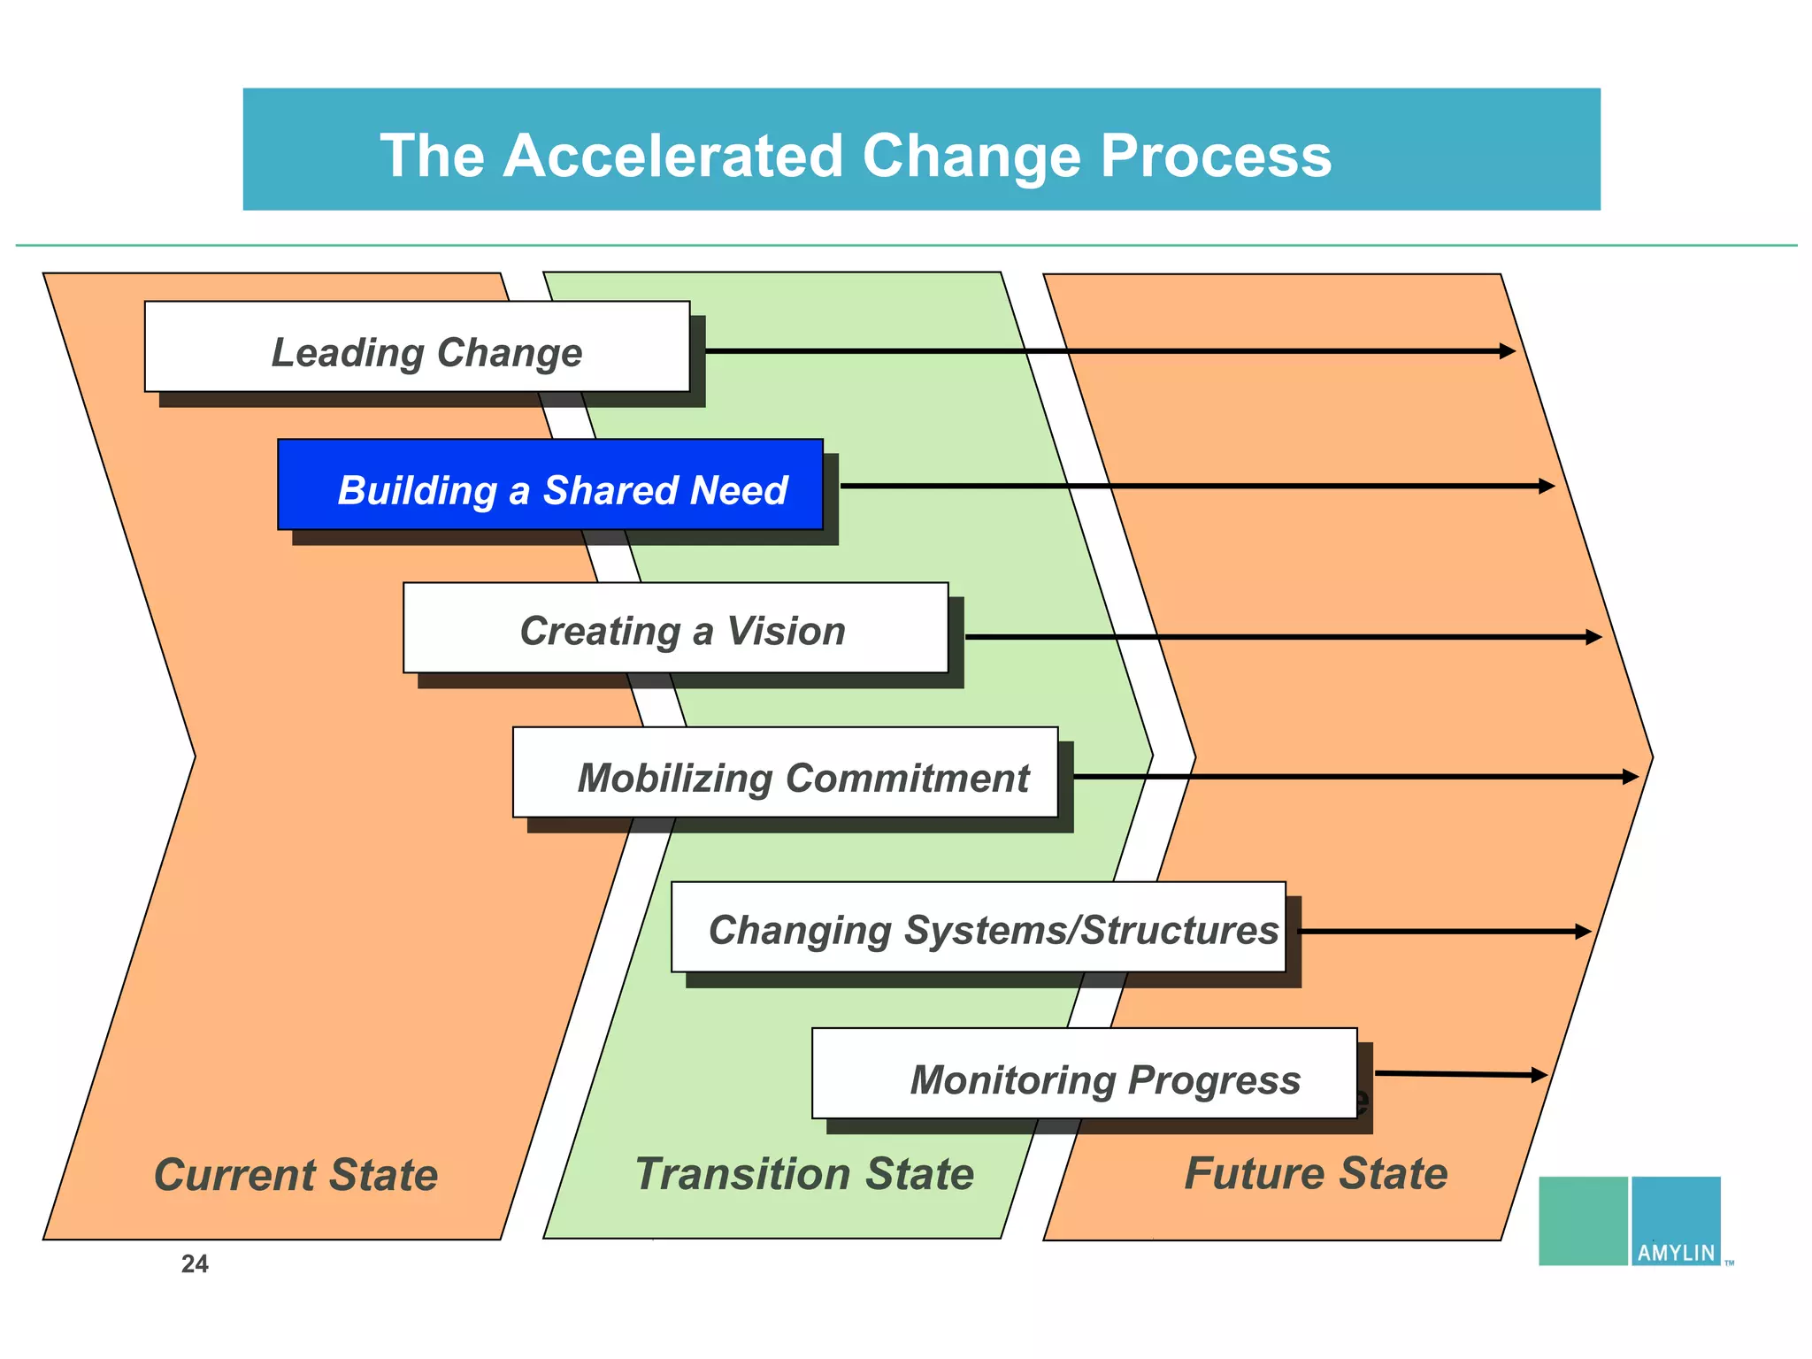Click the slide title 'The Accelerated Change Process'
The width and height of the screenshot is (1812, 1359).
pyautogui.click(x=855, y=156)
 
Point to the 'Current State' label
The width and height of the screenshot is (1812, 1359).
pyautogui.click(x=296, y=1175)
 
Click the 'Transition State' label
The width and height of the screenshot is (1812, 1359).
pyautogui.click(x=804, y=1174)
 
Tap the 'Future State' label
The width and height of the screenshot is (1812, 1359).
pyautogui.click(x=1316, y=1174)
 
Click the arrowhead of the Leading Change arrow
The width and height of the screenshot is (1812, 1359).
pyautogui.click(x=1508, y=351)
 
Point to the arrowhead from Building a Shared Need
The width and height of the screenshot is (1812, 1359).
pyautogui.click(x=1547, y=486)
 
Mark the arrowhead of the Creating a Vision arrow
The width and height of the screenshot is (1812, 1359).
pyautogui.click(x=1594, y=637)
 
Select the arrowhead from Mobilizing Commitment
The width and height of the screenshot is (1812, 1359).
pyautogui.click(x=1631, y=777)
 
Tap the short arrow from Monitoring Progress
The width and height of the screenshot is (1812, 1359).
pyautogui.click(x=1461, y=1074)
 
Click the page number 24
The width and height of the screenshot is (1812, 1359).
pyautogui.click(x=195, y=1264)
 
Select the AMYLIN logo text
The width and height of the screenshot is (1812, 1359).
pyautogui.click(x=1676, y=1253)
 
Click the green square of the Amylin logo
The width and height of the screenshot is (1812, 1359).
pyautogui.click(x=1583, y=1220)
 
